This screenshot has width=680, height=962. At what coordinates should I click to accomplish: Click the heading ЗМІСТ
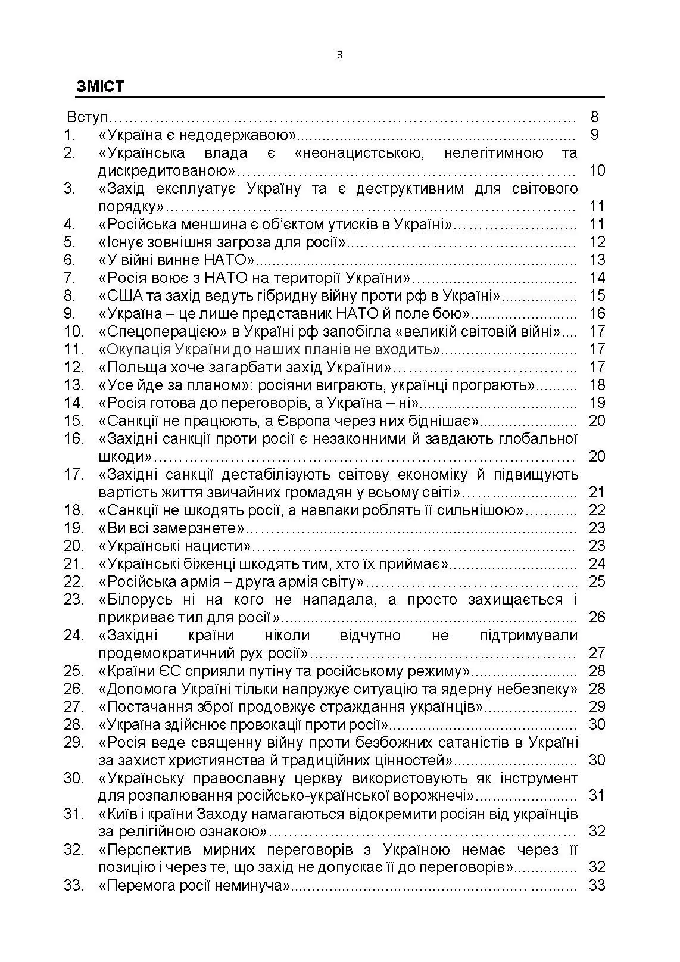[x=100, y=87]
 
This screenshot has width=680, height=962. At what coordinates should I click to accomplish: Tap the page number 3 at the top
[x=339, y=55]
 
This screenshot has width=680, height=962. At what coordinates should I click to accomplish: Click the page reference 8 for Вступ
[x=595, y=117]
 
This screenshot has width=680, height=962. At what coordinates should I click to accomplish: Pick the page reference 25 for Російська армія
[x=597, y=581]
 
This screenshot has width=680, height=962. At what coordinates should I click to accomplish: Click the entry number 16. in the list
[x=74, y=438]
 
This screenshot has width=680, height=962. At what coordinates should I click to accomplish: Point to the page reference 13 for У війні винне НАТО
[x=597, y=260]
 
